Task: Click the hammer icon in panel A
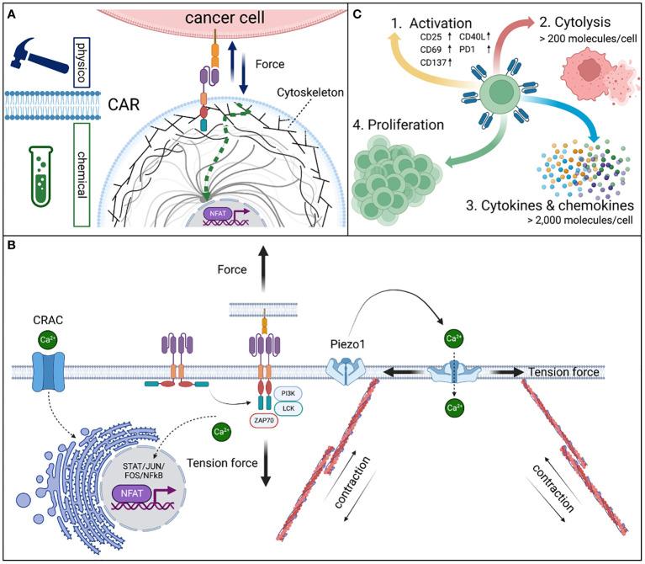(x=38, y=40)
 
